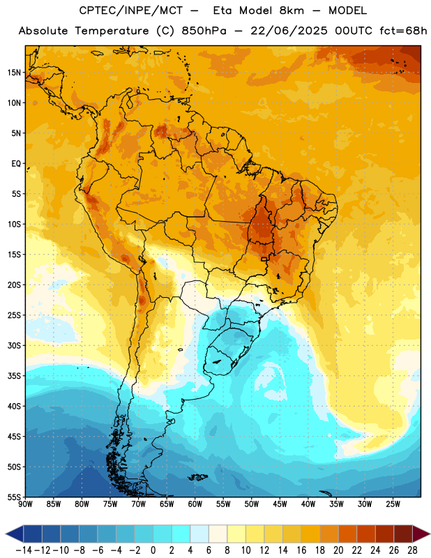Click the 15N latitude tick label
click(14, 73)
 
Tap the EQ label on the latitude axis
click(16, 164)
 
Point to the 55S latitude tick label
click(14, 497)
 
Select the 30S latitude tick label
click(14, 345)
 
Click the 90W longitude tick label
click(25, 504)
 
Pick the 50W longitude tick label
click(252, 504)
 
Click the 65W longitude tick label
click(167, 504)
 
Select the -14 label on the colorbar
click(24, 550)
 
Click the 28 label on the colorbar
click(413, 550)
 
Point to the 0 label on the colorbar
click(153, 550)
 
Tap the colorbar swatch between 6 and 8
click(218, 534)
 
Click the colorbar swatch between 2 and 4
click(181, 534)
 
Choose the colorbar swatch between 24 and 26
click(385, 534)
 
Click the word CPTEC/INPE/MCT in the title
click(131, 10)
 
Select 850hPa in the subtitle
click(204, 31)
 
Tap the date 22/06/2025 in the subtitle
click(289, 31)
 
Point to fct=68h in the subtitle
click(403, 31)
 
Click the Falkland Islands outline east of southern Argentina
click(197, 477)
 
